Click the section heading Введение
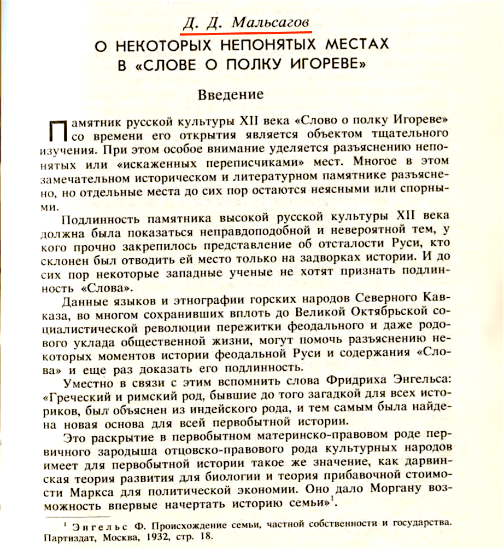click(230, 94)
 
